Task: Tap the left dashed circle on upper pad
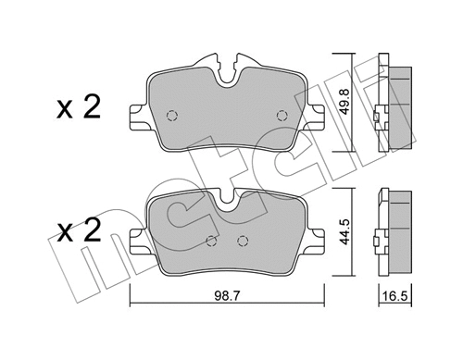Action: coord(170,116)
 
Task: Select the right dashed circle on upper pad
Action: coord(282,115)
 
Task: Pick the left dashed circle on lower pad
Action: coord(212,242)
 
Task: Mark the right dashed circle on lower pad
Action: coord(243,242)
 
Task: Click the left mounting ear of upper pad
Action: coord(136,118)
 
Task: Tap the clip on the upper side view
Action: coord(375,118)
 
